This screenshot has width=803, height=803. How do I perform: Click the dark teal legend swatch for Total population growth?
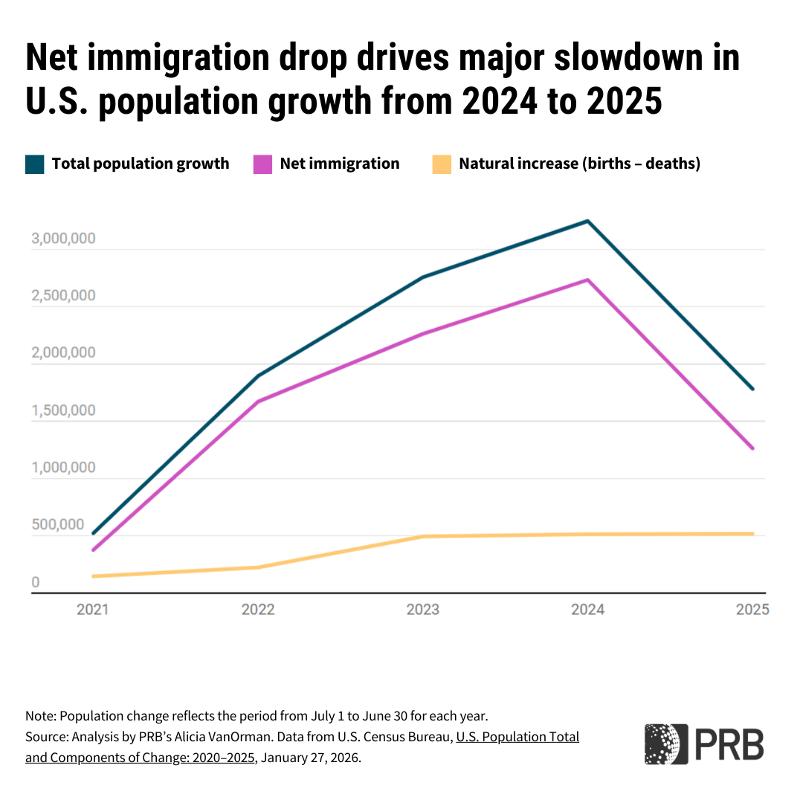click(x=35, y=164)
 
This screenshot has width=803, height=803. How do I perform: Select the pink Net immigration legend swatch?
click(x=263, y=164)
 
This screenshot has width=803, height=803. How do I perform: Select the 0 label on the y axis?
click(x=35, y=582)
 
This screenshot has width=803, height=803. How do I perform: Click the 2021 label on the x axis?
click(x=93, y=610)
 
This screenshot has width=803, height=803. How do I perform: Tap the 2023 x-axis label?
click(x=422, y=610)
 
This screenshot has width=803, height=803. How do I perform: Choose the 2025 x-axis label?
click(x=752, y=610)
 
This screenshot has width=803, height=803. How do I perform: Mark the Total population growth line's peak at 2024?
click(x=587, y=221)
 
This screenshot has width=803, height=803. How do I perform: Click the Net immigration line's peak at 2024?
click(x=587, y=280)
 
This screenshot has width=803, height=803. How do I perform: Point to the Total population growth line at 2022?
click(x=258, y=375)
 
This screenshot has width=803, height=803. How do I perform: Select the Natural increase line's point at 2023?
click(x=422, y=536)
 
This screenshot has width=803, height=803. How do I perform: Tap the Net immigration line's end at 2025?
click(x=752, y=448)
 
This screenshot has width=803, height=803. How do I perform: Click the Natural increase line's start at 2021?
click(x=93, y=576)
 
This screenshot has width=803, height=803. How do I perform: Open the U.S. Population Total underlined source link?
click(x=517, y=738)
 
